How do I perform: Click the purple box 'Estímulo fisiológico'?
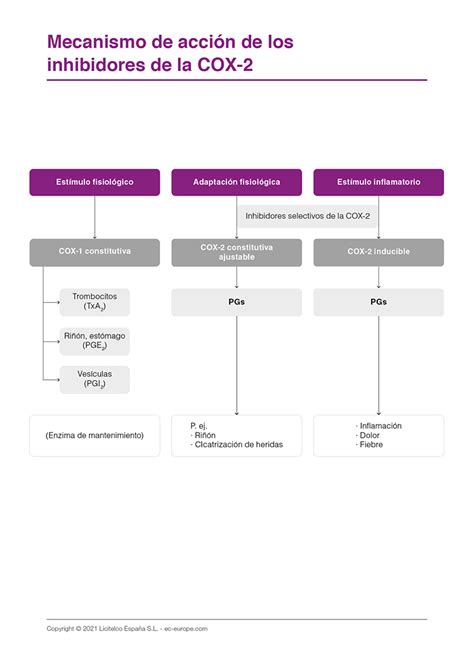tap(95, 182)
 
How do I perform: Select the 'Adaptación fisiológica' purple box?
tap(236, 182)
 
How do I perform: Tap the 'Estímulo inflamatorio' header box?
tap(379, 182)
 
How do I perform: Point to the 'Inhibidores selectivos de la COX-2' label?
tap(307, 216)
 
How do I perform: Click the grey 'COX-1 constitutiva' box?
tap(95, 253)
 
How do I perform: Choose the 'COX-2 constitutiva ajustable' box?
tap(236, 253)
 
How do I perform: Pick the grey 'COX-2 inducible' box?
tap(379, 253)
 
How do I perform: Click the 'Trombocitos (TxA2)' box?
tap(95, 302)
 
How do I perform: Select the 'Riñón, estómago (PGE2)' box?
tap(95, 341)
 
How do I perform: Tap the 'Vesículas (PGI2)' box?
tap(95, 379)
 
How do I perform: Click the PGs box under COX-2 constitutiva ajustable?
tap(236, 302)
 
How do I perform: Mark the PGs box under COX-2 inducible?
tap(379, 302)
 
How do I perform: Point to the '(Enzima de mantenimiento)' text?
tap(95, 436)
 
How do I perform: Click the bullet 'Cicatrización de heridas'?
tap(239, 445)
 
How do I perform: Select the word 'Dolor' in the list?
tap(369, 436)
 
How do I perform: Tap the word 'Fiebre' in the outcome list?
tap(371, 445)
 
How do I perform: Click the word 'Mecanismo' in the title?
tap(97, 42)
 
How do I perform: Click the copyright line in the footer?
tap(127, 629)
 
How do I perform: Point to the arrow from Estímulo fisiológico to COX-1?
tap(95, 217)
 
